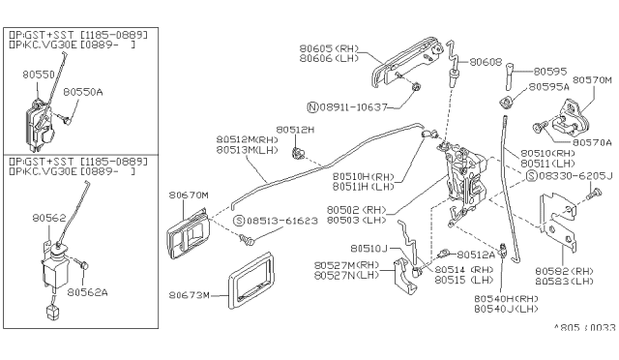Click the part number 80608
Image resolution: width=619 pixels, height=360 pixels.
click(486, 62)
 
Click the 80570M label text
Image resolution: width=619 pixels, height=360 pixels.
click(592, 80)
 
